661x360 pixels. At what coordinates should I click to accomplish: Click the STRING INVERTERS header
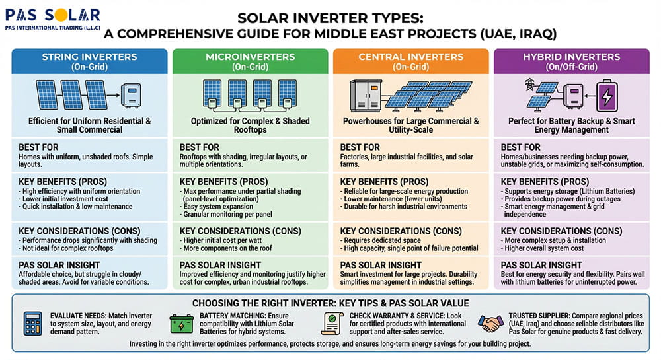pyautogui.click(x=89, y=61)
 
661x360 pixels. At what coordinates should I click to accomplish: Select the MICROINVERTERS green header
pyautogui.click(x=250, y=61)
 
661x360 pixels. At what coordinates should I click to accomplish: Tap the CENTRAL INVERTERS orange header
pyautogui.click(x=410, y=61)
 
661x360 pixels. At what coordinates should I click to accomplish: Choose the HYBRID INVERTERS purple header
pyautogui.click(x=571, y=61)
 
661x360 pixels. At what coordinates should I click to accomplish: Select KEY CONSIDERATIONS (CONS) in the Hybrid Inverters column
pyautogui.click(x=561, y=231)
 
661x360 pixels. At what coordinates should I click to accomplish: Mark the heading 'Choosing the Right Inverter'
pyautogui.click(x=330, y=303)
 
